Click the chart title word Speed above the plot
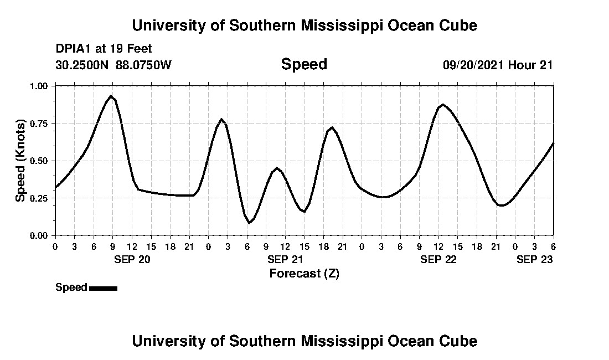pyautogui.click(x=304, y=64)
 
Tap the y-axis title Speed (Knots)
pyautogui.click(x=20, y=161)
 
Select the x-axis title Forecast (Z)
pyautogui.click(x=304, y=273)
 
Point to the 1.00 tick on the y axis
pyautogui.click(x=40, y=86)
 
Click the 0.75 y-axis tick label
pyautogui.click(x=40, y=123)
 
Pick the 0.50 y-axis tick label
pyautogui.click(x=40, y=161)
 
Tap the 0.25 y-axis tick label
pyautogui.click(x=40, y=198)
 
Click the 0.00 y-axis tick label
pyautogui.click(x=40, y=235)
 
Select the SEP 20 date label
pyautogui.click(x=132, y=259)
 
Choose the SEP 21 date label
pyautogui.click(x=285, y=259)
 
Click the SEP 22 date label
pyautogui.click(x=438, y=259)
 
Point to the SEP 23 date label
pyautogui.click(x=534, y=259)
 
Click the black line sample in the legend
pyautogui.click(x=103, y=288)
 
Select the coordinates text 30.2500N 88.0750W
pyautogui.click(x=113, y=65)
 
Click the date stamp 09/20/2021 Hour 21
pyautogui.click(x=498, y=65)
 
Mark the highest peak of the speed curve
pyautogui.click(x=111, y=96)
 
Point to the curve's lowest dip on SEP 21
pyautogui.click(x=249, y=223)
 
